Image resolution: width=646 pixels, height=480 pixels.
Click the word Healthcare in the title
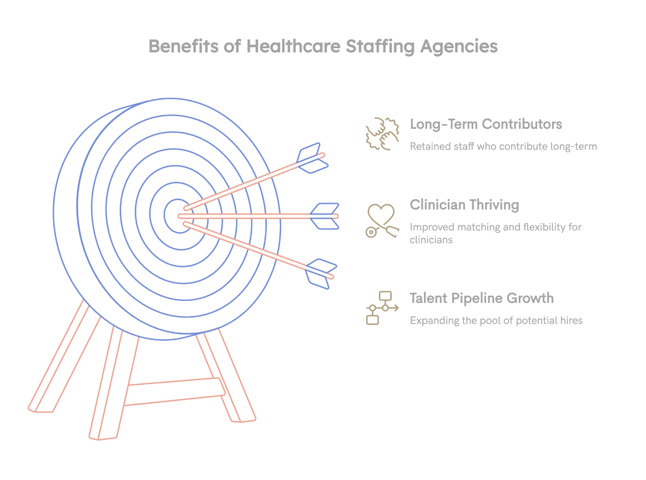point(293,46)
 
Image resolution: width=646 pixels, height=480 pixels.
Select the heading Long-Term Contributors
point(486,124)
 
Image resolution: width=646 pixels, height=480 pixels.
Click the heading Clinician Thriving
point(464,205)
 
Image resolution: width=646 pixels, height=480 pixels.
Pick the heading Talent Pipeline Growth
point(481,298)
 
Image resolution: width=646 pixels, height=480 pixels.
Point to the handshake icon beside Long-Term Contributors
point(382,134)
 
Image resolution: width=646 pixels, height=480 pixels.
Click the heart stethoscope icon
point(382,220)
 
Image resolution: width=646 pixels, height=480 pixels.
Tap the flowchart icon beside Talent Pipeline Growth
point(382,308)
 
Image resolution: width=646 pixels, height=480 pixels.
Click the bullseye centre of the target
point(178,216)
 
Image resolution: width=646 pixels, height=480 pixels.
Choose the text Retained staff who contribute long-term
point(503,146)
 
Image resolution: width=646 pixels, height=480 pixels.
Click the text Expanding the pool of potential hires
point(496,321)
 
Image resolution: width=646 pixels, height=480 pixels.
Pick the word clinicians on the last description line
point(431,240)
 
